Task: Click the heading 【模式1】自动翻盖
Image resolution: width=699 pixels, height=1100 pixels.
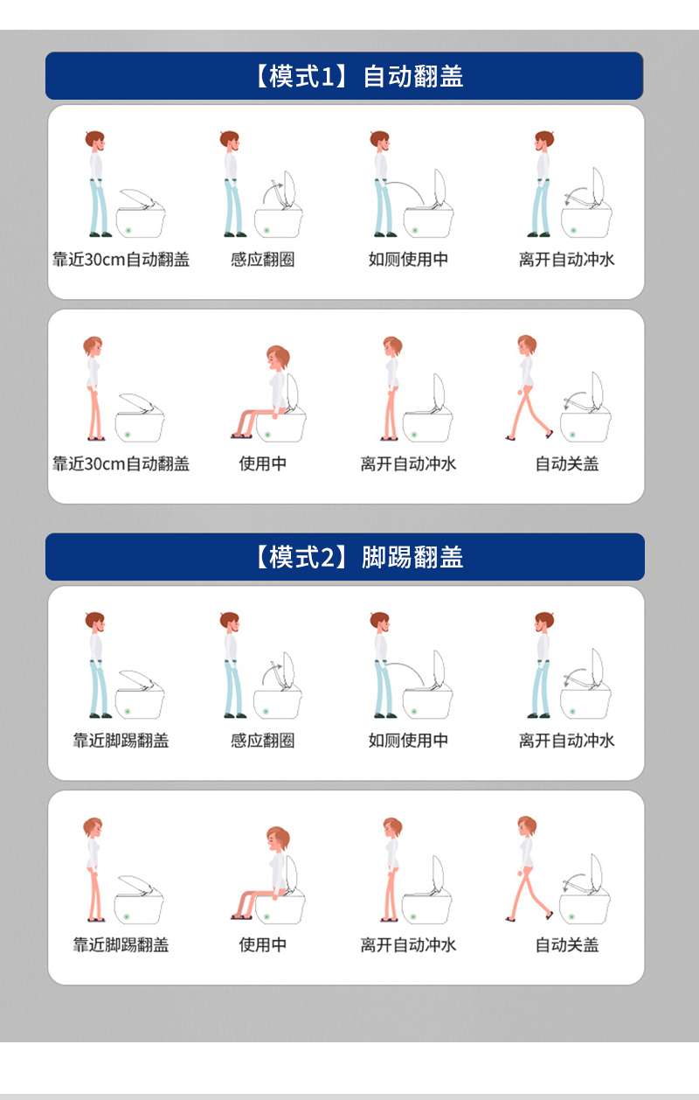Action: [358, 76]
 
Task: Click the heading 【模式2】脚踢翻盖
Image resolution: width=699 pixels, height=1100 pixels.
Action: [358, 557]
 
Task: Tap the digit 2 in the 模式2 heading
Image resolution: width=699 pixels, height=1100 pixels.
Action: [328, 557]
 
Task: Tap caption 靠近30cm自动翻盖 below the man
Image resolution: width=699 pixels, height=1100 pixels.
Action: [121, 260]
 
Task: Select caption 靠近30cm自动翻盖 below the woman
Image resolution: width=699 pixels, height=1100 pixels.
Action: [121, 463]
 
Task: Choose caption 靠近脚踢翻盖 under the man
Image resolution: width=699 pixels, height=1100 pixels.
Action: [121, 741]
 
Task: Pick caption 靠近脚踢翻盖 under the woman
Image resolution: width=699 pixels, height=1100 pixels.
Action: [121, 945]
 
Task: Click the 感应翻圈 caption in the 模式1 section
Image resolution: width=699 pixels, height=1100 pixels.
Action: [263, 260]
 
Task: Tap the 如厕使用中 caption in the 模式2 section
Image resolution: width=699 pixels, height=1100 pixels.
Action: [408, 741]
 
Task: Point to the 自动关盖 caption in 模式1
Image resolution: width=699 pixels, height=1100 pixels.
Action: [567, 463]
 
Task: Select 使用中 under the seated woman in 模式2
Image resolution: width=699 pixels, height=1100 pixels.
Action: [263, 945]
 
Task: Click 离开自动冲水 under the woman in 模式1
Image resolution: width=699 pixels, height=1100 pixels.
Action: [408, 463]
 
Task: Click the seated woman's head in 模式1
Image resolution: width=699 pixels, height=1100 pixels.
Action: [278, 358]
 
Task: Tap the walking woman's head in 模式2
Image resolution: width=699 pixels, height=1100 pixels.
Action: [527, 826]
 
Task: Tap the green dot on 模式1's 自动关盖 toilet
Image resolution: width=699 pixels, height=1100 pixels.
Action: [573, 435]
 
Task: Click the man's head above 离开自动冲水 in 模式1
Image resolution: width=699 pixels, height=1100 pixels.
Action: [543, 141]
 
